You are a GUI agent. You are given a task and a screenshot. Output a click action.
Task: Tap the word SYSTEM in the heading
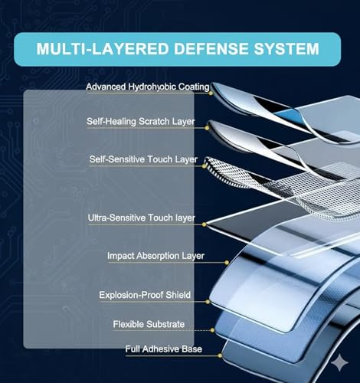[286, 49]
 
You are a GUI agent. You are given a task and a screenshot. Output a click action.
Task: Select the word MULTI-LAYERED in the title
[103, 49]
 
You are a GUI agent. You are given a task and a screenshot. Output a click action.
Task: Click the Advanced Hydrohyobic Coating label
[148, 87]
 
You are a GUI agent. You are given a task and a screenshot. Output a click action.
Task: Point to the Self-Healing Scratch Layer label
[141, 121]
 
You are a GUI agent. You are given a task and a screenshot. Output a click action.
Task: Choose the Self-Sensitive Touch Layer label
[143, 159]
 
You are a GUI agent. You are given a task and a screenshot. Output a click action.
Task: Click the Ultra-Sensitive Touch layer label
[142, 218]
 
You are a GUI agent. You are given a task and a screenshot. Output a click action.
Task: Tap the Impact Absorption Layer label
[155, 256]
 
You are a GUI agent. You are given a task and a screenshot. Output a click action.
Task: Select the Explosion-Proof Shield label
[145, 295]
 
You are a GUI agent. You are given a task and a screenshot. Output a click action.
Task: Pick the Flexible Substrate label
[149, 324]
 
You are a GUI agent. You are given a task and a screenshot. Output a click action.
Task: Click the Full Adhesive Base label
[164, 349]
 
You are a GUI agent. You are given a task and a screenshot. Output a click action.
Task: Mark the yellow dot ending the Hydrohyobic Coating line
[211, 93]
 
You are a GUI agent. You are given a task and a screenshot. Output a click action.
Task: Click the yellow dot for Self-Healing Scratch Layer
[207, 128]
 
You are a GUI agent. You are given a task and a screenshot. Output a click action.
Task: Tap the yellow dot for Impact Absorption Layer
[227, 263]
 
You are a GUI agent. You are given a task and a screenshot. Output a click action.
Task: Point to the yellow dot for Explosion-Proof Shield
[208, 302]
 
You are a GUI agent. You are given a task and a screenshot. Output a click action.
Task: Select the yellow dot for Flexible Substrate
[212, 330]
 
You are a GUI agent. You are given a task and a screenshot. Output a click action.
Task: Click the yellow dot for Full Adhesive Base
[220, 355]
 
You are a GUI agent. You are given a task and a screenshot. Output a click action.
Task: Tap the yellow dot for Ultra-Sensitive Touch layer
[204, 224]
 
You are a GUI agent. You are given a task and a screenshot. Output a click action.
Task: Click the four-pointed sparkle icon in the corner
[340, 362]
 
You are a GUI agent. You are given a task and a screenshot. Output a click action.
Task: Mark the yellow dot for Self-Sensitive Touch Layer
[205, 166]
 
